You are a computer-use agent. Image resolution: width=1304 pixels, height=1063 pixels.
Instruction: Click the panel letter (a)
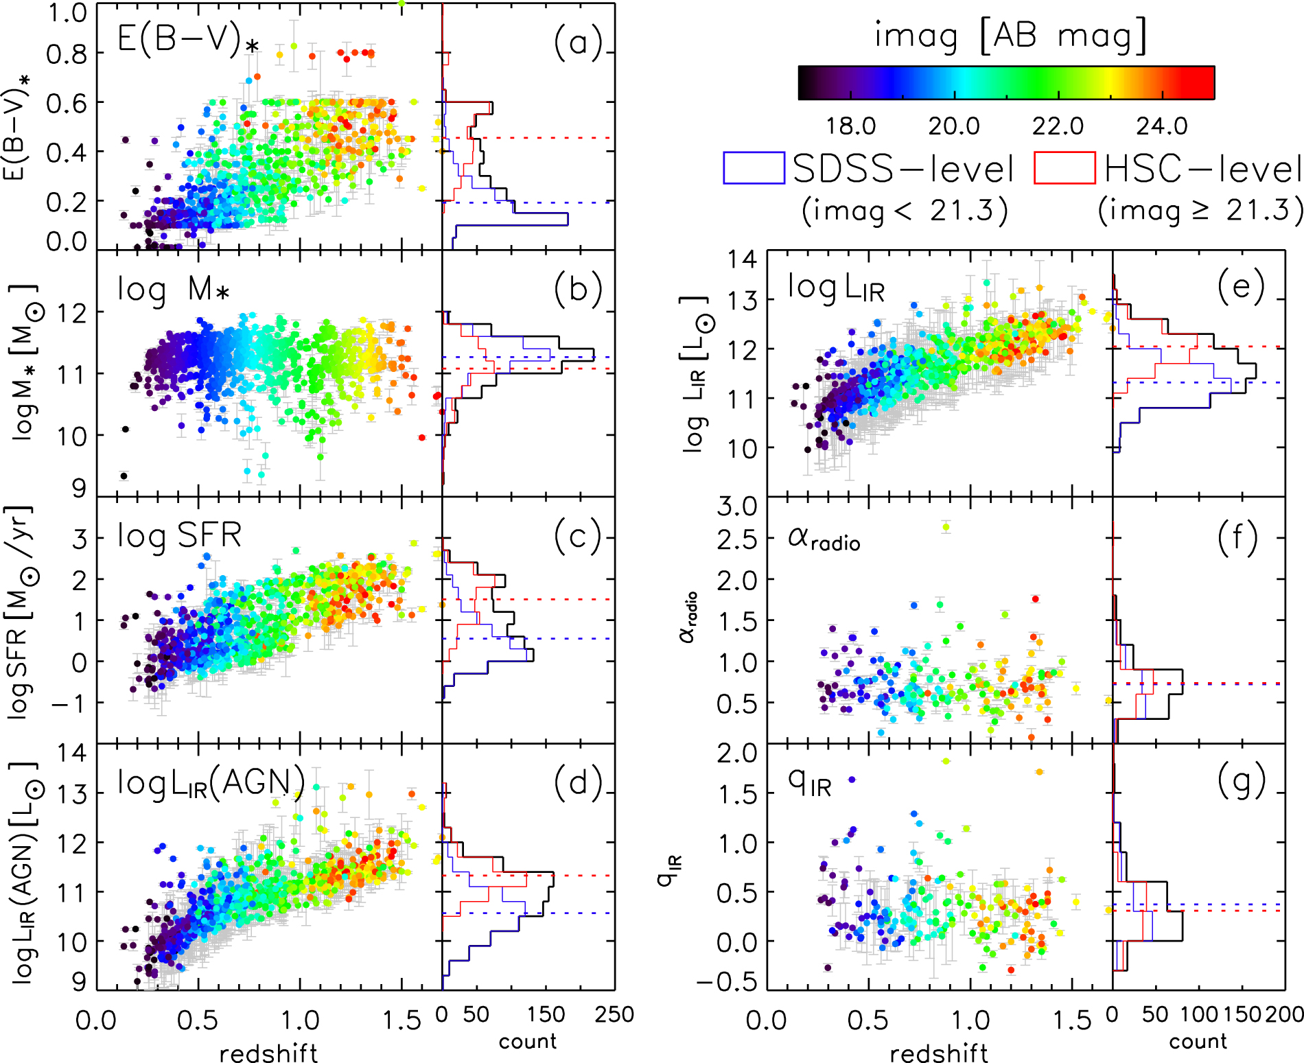(x=578, y=43)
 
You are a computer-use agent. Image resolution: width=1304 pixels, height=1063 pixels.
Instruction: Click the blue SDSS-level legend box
(x=754, y=168)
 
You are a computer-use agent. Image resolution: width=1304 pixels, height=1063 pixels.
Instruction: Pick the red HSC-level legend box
(x=1064, y=168)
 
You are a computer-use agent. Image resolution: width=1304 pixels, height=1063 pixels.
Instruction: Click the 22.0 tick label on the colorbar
(x=1058, y=126)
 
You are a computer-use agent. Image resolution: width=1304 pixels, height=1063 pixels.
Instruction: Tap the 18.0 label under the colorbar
(x=850, y=126)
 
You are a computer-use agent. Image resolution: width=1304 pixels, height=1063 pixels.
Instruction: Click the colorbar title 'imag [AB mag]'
(x=1010, y=36)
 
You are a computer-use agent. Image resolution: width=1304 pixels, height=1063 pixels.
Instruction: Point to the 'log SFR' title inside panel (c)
(x=179, y=535)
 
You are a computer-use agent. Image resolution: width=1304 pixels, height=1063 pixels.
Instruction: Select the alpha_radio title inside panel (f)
(x=824, y=539)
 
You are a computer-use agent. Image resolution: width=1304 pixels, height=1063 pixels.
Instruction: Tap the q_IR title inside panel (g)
(x=810, y=782)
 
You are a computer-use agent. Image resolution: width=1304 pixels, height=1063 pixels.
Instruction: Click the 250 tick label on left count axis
(x=614, y=1014)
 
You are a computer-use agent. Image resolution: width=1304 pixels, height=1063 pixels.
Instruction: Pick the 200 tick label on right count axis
(x=1284, y=1014)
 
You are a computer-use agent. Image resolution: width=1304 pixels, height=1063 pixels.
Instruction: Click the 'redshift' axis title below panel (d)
(x=268, y=1053)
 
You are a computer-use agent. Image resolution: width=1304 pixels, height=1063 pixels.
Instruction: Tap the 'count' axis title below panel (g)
(x=1198, y=1042)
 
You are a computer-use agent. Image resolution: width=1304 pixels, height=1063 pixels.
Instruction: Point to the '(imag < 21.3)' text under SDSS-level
(x=905, y=211)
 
